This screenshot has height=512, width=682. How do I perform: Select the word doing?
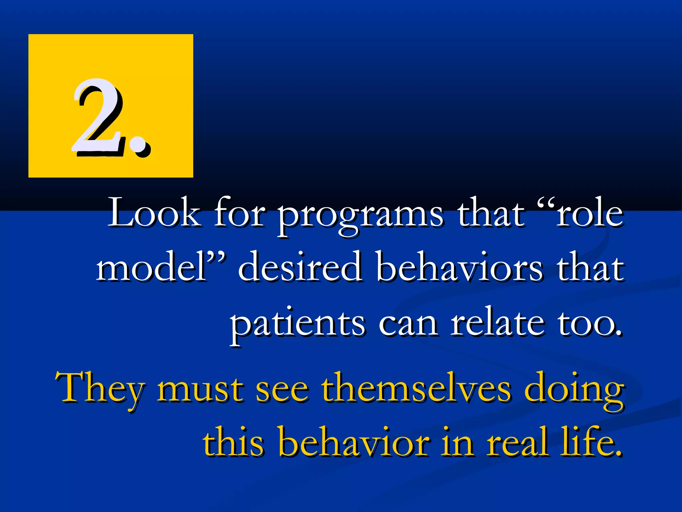coord(574,390)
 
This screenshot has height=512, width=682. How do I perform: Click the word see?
coord(282,390)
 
